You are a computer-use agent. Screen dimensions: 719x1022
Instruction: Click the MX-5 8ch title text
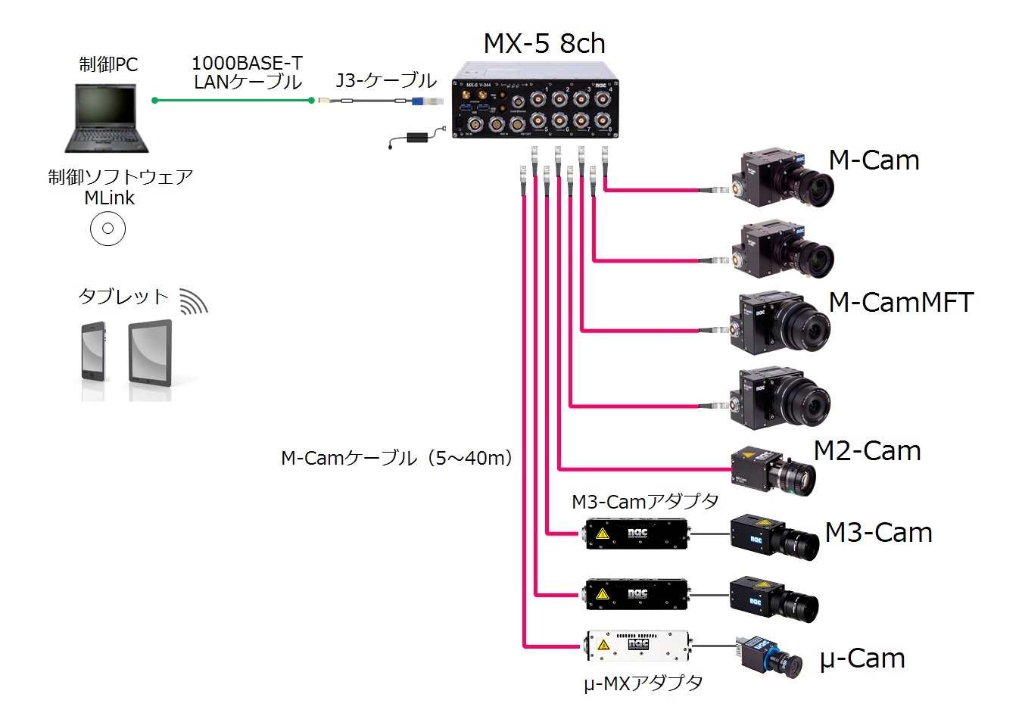(544, 44)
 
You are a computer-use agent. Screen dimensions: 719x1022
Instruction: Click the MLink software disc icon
(107, 229)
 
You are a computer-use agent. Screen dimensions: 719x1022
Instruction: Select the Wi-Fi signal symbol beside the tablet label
(193, 301)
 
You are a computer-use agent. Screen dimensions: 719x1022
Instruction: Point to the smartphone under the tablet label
(93, 353)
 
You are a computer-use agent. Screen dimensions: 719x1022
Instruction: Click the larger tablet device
(150, 353)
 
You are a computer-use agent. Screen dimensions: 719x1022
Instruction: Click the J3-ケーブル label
(386, 80)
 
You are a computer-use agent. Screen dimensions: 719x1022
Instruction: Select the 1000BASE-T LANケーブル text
(247, 73)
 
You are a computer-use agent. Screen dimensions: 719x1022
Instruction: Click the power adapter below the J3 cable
(416, 138)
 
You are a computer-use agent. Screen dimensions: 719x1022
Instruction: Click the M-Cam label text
(874, 160)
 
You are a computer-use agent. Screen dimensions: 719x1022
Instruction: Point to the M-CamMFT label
(901, 303)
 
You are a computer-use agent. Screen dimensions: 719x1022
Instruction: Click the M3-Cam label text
(878, 533)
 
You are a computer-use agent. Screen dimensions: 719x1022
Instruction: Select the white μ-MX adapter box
(637, 646)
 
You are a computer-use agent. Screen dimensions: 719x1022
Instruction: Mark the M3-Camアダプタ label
(645, 502)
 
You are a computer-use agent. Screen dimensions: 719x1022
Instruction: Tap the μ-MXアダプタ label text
(643, 683)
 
